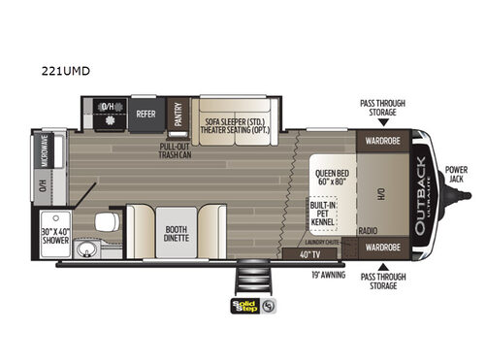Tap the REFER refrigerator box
(146, 113)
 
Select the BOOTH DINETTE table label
(176, 231)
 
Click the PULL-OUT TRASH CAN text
(182, 152)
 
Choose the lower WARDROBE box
(383, 248)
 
